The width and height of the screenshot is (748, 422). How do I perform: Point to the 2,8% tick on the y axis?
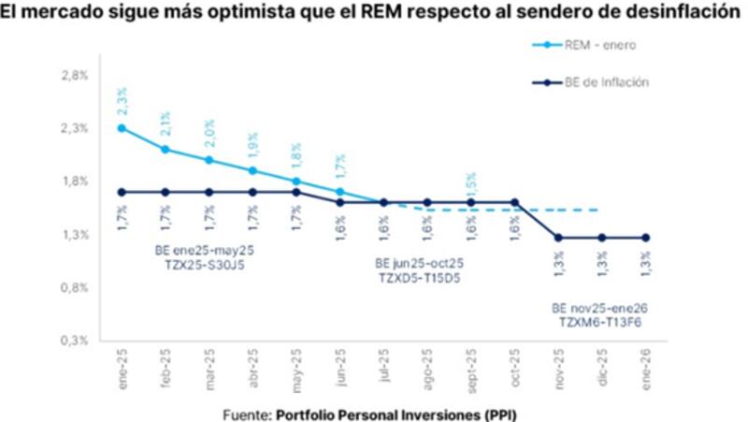pyautogui.click(x=76, y=75)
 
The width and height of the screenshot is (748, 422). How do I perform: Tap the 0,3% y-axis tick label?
pyautogui.click(x=76, y=341)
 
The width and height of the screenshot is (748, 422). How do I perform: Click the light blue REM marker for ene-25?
pyautogui.click(x=122, y=128)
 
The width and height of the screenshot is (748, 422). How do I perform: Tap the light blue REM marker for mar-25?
pyautogui.click(x=209, y=160)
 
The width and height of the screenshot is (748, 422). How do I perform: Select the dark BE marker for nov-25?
pyautogui.click(x=557, y=238)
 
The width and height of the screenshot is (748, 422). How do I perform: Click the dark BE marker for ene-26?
pyautogui.click(x=645, y=238)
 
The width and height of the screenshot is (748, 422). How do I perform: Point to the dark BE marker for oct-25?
pyautogui.click(x=514, y=202)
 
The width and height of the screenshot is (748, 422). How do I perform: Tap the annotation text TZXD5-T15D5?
pyautogui.click(x=422, y=279)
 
